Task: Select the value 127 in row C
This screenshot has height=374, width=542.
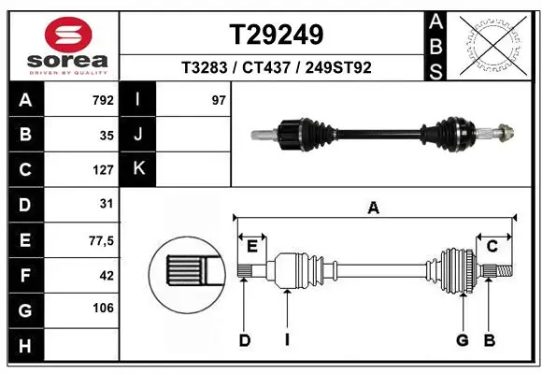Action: [103, 170]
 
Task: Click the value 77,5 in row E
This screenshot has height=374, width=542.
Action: [101, 240]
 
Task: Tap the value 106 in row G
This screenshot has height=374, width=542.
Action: [103, 308]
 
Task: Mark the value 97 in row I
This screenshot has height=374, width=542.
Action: [219, 100]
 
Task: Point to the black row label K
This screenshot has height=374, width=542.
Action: [138, 169]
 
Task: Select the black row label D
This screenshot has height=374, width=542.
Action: [24, 205]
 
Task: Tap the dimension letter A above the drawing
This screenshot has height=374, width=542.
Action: [374, 209]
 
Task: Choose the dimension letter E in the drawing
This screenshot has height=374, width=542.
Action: [252, 246]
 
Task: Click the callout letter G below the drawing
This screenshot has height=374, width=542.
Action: [462, 340]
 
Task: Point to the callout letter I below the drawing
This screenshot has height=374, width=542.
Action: [287, 340]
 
